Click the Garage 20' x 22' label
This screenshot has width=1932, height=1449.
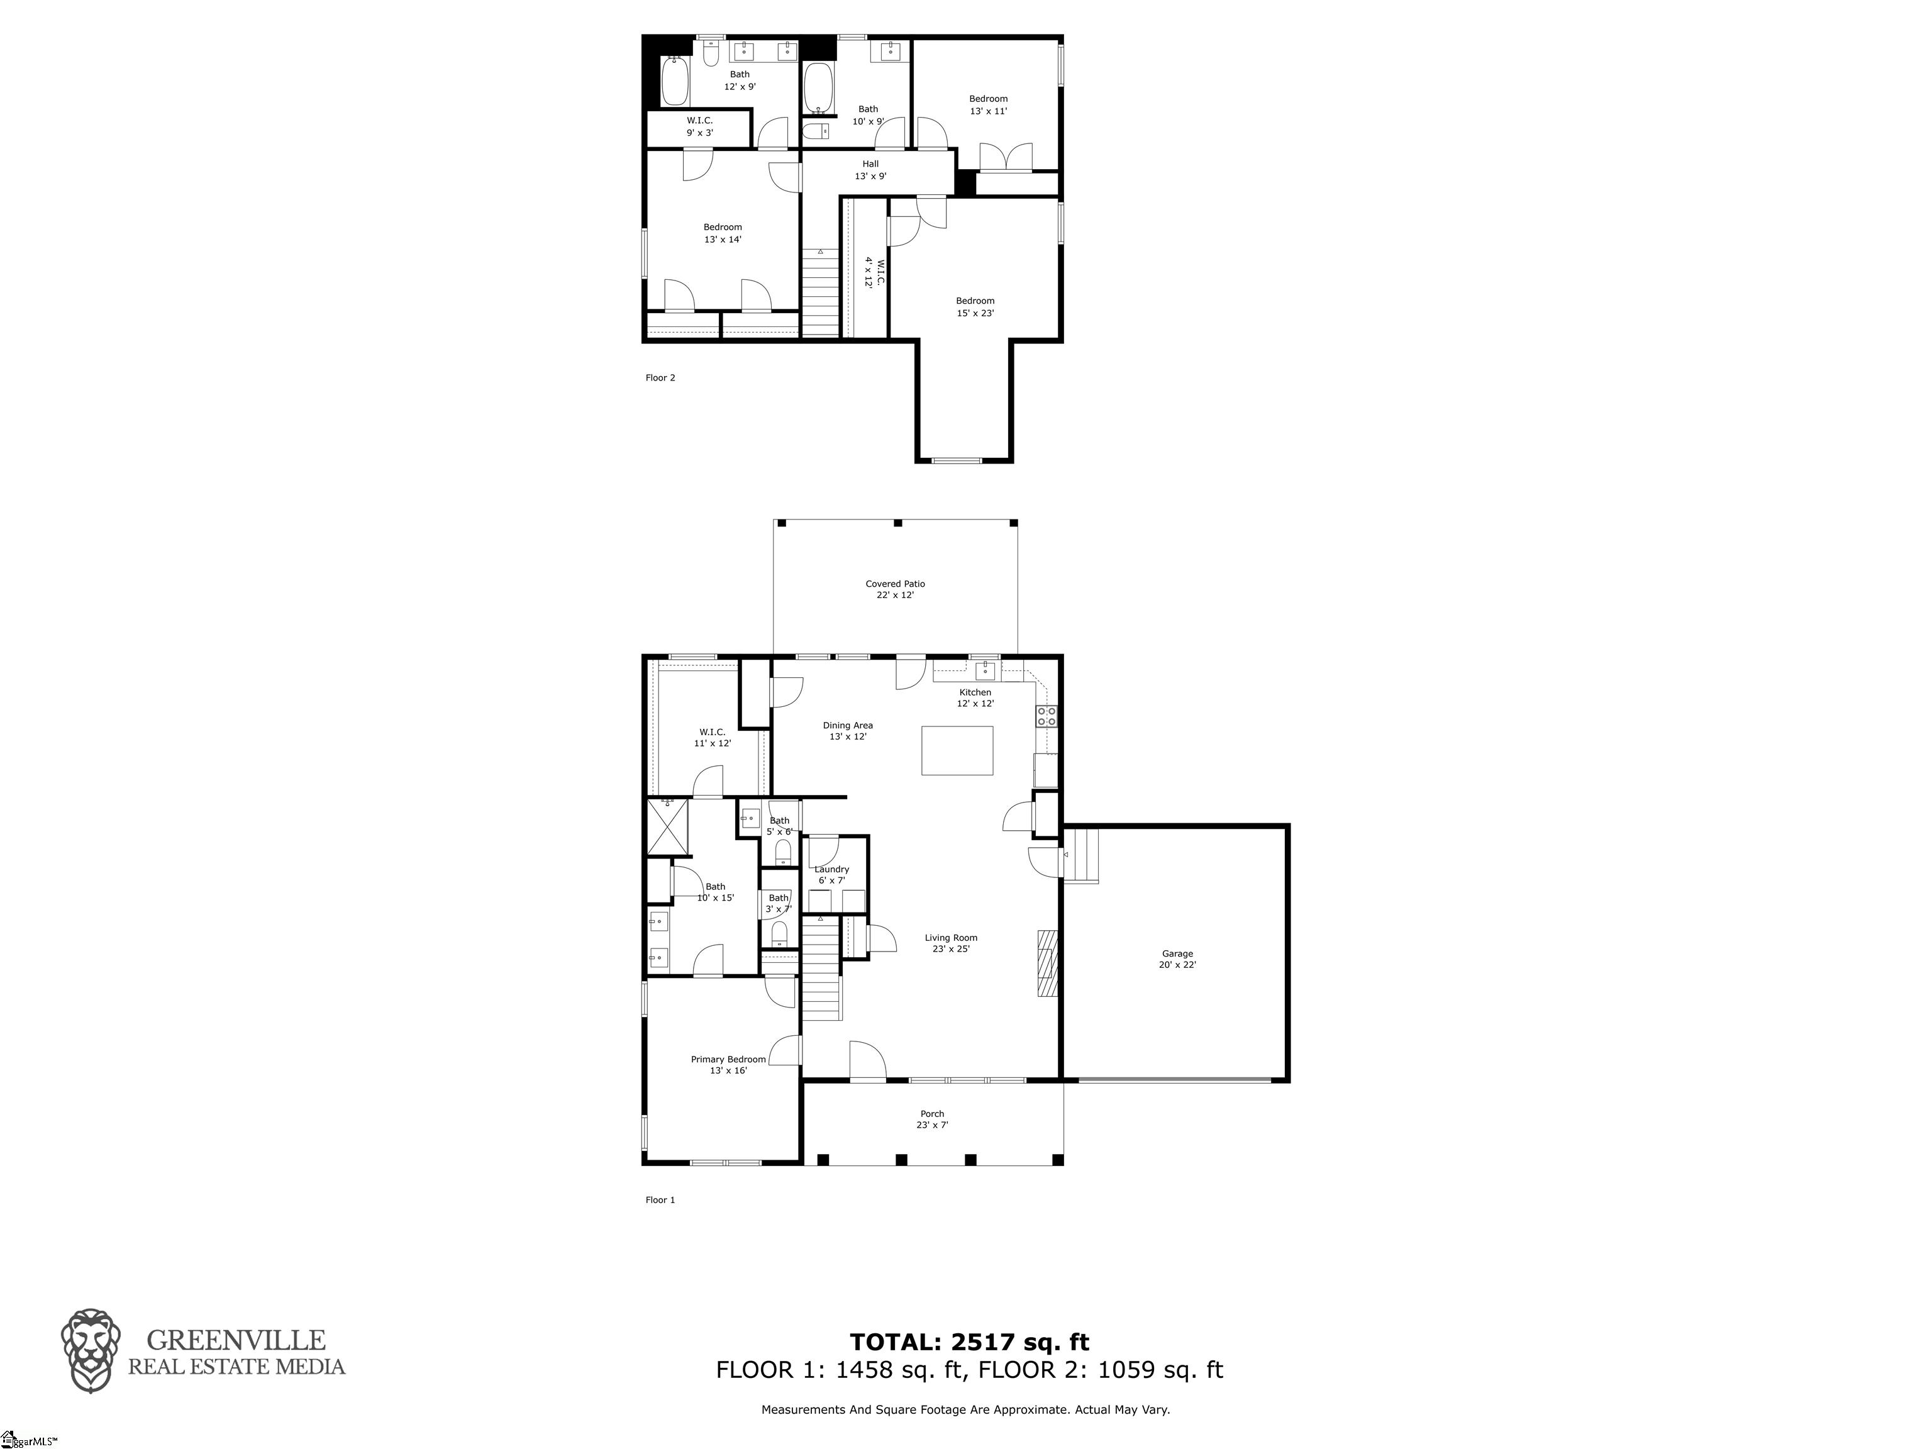1177,959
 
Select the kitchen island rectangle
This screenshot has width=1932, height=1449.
957,750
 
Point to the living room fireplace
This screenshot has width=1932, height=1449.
1046,963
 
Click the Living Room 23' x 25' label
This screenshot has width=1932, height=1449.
950,943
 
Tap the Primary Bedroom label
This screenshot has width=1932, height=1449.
728,1065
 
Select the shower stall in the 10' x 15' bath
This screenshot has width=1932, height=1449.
667,826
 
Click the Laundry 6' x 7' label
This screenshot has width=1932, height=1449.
831,874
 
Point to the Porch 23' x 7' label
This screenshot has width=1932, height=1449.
932,1119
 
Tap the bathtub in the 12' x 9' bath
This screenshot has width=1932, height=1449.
674,82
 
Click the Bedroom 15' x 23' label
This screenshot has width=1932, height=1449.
975,306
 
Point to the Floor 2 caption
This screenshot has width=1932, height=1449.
660,378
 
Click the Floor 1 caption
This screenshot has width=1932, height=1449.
660,1200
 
